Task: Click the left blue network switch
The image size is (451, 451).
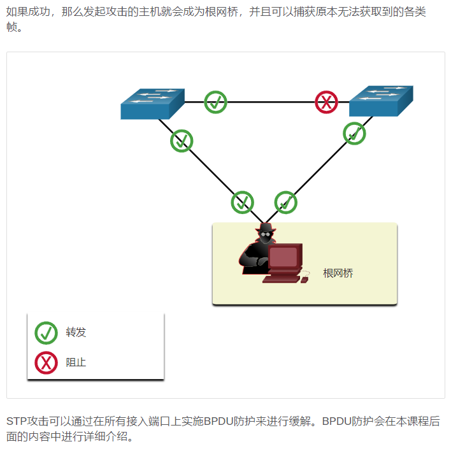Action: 152,104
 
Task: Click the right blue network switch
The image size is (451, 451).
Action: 381,101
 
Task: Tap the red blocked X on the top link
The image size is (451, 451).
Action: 327,102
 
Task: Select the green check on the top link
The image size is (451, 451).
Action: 215,102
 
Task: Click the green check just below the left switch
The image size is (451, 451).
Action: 182,141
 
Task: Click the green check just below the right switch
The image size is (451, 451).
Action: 354,134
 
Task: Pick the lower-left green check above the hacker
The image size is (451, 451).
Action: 242,203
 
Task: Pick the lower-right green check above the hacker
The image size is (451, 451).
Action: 285,203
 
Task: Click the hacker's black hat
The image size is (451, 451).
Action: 265,228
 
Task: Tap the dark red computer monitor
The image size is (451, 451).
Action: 283,257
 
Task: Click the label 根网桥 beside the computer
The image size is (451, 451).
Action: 338,273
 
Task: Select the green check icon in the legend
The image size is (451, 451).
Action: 46,333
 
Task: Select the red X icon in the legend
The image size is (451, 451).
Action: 46,362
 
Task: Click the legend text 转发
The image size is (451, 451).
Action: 76,333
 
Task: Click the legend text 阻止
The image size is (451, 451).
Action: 76,362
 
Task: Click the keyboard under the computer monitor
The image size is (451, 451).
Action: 281,278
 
